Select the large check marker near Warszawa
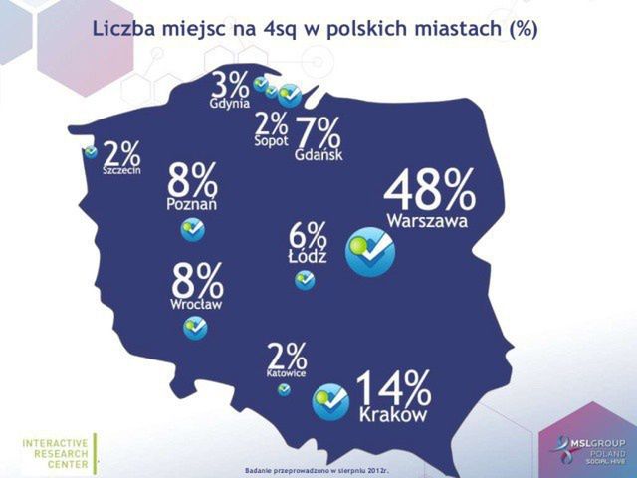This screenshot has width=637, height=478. pyautogui.click(x=370, y=251)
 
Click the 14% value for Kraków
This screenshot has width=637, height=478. pyautogui.click(x=392, y=388)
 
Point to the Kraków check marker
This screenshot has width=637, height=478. pyautogui.click(x=330, y=401)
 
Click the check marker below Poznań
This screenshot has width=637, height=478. pyautogui.click(x=193, y=230)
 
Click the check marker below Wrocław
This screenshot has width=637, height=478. pyautogui.click(x=196, y=327)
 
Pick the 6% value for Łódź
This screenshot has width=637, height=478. pyautogui.click(x=307, y=236)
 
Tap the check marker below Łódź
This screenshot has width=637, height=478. pyautogui.click(x=305, y=280)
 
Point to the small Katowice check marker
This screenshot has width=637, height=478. pyautogui.click(x=285, y=389)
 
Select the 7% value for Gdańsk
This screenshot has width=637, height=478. pyautogui.click(x=318, y=133)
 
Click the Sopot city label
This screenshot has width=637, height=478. pyautogui.click(x=270, y=141)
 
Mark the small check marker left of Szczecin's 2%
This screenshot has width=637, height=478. pyautogui.click(x=91, y=151)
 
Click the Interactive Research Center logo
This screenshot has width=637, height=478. pyautogui.click(x=57, y=453)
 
